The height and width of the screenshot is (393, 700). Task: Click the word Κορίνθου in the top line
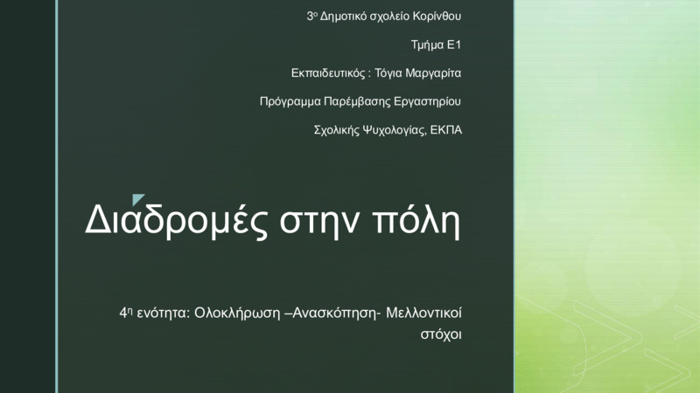(x=437, y=17)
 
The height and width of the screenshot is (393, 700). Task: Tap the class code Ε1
(x=454, y=45)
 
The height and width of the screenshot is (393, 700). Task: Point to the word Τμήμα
(x=427, y=45)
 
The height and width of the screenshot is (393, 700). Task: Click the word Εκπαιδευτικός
(x=327, y=73)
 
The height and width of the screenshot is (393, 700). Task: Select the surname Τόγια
(x=388, y=73)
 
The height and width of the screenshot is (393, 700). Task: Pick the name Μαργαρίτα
(x=433, y=73)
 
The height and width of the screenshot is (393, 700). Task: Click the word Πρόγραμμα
(x=290, y=102)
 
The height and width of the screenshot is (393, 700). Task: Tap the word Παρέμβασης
(x=357, y=102)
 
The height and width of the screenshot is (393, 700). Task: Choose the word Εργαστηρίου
(x=428, y=102)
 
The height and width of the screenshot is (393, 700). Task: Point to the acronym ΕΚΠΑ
(x=446, y=130)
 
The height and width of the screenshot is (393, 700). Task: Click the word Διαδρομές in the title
(x=177, y=221)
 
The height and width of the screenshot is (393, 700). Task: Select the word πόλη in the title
(x=416, y=221)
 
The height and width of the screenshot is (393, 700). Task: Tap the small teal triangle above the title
(x=138, y=199)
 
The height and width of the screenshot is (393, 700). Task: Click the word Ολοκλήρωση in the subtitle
(x=237, y=314)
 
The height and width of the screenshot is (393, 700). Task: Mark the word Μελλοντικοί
(x=423, y=313)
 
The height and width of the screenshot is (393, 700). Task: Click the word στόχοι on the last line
(x=441, y=334)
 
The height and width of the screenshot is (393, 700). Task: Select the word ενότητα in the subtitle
(x=164, y=314)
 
